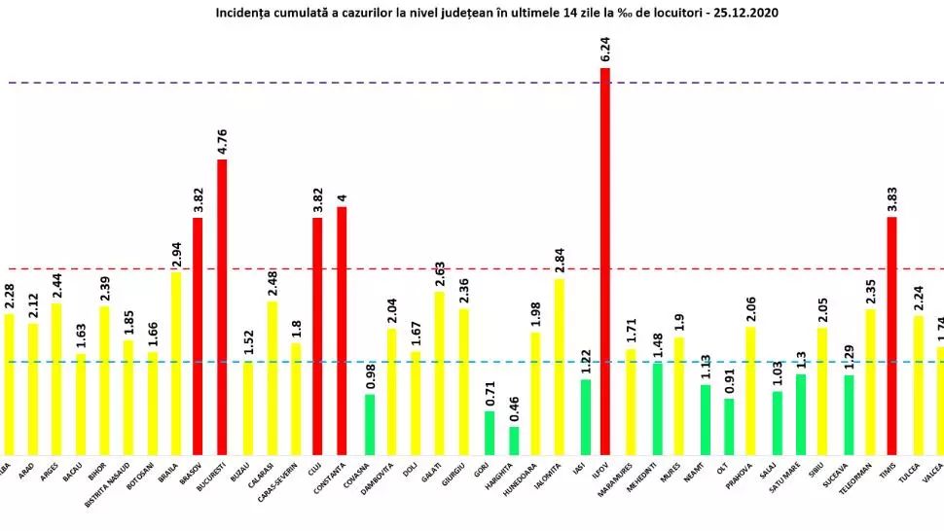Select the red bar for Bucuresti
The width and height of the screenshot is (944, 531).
[x=222, y=306]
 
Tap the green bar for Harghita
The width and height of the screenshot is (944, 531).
[x=514, y=441]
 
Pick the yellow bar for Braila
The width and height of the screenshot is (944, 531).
[x=175, y=363]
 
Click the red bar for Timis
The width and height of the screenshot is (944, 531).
[x=892, y=336]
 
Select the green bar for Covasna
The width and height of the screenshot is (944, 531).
[x=370, y=424]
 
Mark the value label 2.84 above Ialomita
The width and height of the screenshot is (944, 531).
[x=559, y=258]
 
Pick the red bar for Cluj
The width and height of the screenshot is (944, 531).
[x=317, y=336]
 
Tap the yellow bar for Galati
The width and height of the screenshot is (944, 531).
[x=440, y=372]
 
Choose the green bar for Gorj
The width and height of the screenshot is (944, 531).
[x=490, y=433]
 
